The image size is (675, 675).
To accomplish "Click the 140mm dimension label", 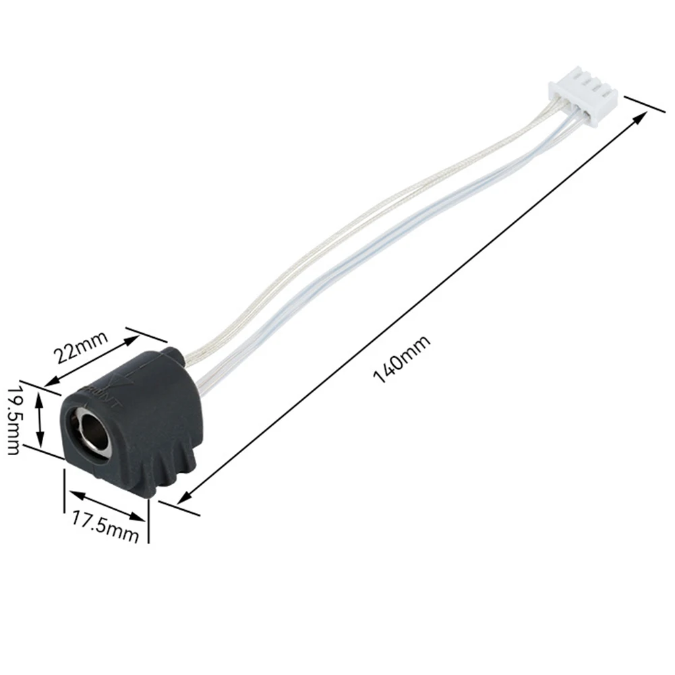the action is (x=402, y=359).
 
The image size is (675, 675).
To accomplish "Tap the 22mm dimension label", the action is (x=80, y=347).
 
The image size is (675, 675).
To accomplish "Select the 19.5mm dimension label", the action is (x=13, y=419).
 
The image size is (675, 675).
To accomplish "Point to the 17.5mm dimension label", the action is (x=105, y=527).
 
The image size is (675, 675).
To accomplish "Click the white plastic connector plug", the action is (x=583, y=102).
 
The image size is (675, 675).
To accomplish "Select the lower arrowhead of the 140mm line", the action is (x=183, y=498).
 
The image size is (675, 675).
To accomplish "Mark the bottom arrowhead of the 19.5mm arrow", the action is (x=40, y=441).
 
